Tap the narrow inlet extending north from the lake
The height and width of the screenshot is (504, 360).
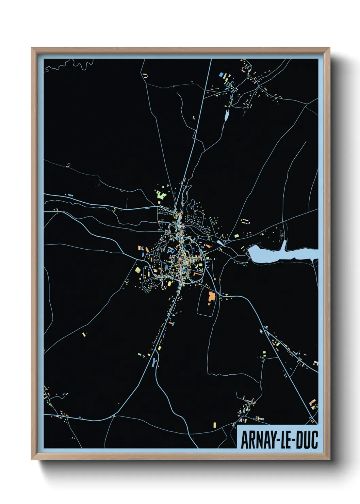pos(284,245)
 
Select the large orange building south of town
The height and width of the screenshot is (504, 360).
pos(212,296)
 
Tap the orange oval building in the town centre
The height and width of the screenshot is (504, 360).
pos(179,261)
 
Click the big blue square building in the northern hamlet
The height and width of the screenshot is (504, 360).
pos(221,74)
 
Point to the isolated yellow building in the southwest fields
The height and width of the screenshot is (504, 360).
pos(84,334)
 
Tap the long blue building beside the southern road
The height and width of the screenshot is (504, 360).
pos(153,362)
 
